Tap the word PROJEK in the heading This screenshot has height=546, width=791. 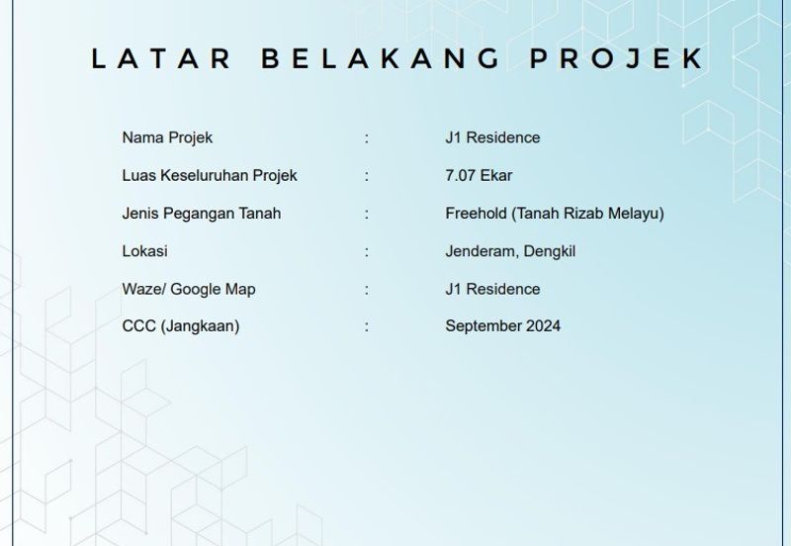click(617, 58)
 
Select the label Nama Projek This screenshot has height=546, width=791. click(167, 137)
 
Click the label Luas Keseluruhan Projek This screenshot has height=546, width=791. click(210, 175)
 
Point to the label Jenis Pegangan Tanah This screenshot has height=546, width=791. click(202, 213)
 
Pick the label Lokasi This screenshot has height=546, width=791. click(144, 251)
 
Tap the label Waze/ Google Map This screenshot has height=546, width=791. click(189, 289)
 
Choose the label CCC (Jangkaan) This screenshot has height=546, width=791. click(181, 325)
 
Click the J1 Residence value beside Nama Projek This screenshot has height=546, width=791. click(492, 137)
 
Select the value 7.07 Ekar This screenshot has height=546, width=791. click(479, 175)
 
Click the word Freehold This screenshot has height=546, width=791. click(477, 213)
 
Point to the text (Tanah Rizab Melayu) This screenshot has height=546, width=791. click(588, 213)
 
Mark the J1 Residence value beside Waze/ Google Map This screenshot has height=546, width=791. click(492, 289)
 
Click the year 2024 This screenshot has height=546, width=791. click(543, 325)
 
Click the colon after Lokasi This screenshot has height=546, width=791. click(367, 251)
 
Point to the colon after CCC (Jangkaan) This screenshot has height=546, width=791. click(367, 325)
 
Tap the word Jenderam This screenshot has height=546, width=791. click(480, 251)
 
